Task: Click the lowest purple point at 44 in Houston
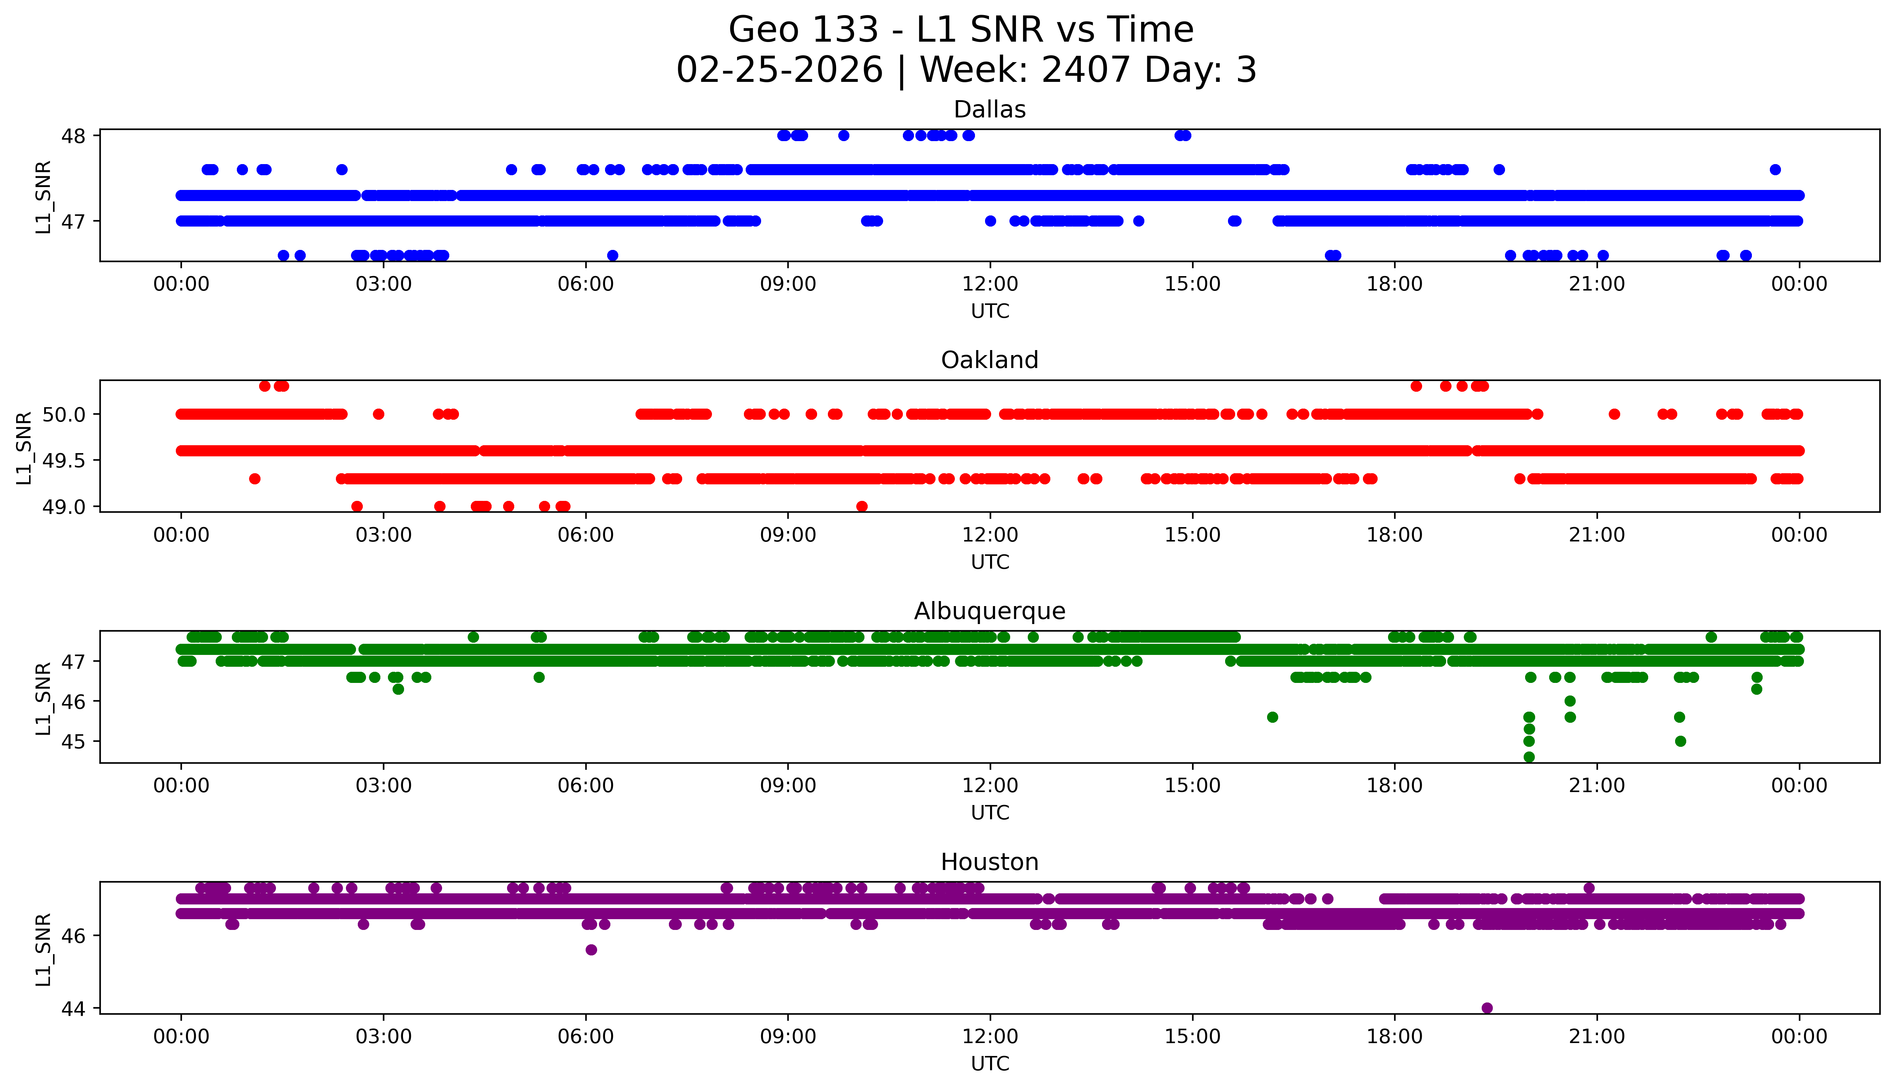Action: click(x=1487, y=1007)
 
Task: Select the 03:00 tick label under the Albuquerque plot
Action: click(x=384, y=785)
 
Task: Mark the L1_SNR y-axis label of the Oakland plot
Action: click(x=24, y=447)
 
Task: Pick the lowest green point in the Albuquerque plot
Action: click(x=1528, y=757)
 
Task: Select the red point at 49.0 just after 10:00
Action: click(x=862, y=506)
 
